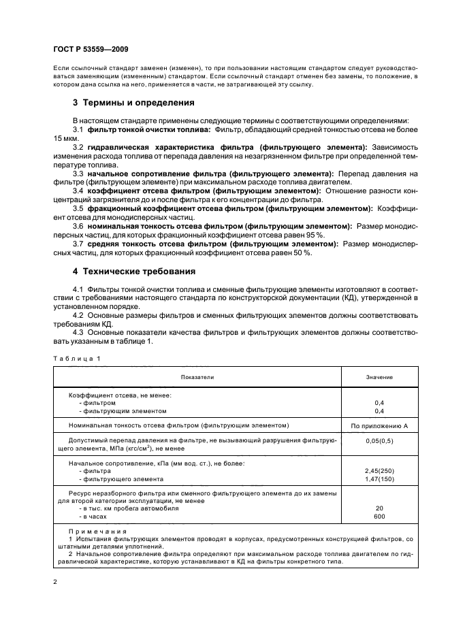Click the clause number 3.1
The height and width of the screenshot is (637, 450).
(x=78, y=129)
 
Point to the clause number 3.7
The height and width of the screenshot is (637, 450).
(x=78, y=243)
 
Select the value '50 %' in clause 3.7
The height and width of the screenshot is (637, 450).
(x=302, y=252)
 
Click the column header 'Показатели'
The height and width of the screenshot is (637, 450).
(x=197, y=376)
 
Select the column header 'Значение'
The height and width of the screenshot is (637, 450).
(x=379, y=376)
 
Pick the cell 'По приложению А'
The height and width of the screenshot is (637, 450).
(x=379, y=425)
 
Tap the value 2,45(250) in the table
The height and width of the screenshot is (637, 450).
(x=379, y=471)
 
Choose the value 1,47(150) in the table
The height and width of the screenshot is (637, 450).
(x=379, y=479)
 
